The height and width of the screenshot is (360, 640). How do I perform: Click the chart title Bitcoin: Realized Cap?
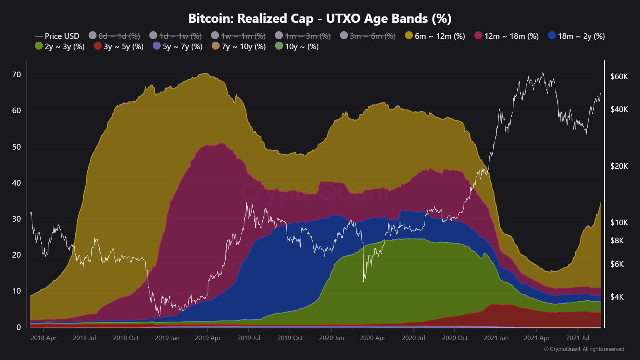[320, 18]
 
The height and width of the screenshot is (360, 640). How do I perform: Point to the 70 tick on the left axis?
[16, 75]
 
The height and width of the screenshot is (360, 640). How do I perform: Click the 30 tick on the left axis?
[16, 219]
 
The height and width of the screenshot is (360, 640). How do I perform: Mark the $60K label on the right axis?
[619, 76]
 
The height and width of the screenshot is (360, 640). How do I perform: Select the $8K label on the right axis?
[617, 240]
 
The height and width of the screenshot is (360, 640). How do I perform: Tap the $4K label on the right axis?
[617, 297]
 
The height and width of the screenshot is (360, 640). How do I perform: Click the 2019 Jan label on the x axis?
[167, 338]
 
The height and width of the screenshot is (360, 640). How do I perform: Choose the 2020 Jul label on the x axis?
[413, 338]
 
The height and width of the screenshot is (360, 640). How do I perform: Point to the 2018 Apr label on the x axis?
[43, 338]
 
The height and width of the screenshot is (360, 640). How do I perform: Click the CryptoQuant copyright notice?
[584, 349]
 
